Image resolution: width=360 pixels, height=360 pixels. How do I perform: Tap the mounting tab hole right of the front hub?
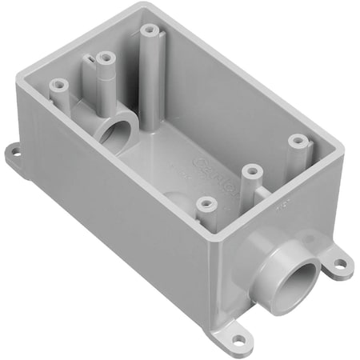click(340, 262)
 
